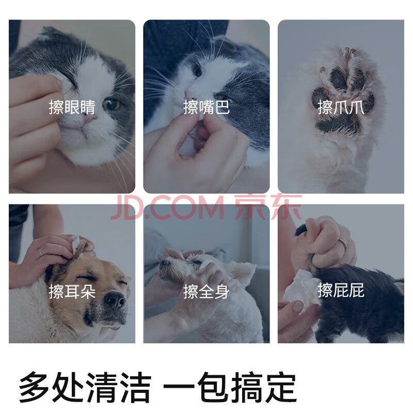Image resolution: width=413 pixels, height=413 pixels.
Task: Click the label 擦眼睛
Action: [72, 107]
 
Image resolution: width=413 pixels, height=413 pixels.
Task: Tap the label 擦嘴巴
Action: [206, 107]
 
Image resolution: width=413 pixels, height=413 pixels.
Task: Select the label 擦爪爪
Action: [341, 107]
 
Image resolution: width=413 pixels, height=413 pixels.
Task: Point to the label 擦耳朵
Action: [72, 291]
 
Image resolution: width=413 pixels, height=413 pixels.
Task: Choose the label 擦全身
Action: [206, 291]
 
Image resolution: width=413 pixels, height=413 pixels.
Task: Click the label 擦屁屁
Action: [341, 290]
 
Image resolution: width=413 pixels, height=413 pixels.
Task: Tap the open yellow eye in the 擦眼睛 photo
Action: [112, 104]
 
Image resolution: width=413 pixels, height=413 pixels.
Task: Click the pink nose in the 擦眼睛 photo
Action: [89, 119]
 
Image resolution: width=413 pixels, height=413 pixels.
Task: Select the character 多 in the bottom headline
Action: [34, 387]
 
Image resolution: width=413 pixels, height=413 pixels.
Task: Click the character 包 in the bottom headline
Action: [213, 387]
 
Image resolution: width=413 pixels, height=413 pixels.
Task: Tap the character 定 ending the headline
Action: [281, 387]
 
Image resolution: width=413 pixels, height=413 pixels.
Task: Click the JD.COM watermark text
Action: [167, 208]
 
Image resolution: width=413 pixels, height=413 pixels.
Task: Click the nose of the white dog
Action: [165, 263]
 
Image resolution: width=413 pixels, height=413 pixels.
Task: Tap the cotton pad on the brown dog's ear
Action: [75, 242]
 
